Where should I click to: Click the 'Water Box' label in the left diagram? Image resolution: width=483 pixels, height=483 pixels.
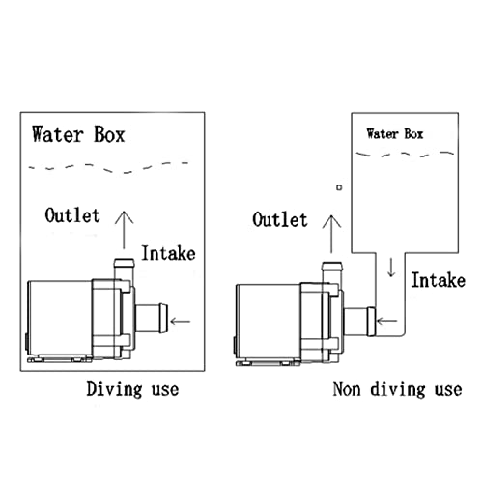[78, 134]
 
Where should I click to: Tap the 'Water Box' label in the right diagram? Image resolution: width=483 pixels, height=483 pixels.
[395, 133]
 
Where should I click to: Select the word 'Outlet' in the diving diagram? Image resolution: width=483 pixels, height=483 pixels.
[72, 215]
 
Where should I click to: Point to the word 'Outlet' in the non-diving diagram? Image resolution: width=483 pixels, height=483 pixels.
[280, 219]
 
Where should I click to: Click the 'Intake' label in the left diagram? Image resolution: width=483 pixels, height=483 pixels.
[168, 253]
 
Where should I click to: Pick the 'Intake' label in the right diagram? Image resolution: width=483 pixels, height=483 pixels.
[439, 280]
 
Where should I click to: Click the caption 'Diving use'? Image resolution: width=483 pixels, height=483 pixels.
[132, 389]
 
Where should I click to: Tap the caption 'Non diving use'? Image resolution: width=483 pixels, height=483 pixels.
[397, 389]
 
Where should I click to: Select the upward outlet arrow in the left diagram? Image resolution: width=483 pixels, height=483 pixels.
[124, 230]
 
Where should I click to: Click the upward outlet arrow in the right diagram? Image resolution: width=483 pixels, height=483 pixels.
[331, 234]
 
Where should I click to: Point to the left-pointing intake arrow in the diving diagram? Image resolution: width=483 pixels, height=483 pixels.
[181, 321]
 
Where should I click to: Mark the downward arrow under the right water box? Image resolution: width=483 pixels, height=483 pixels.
[391, 268]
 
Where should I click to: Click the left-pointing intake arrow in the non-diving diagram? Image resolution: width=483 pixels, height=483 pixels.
[386, 321]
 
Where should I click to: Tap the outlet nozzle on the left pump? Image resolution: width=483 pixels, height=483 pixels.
[124, 269]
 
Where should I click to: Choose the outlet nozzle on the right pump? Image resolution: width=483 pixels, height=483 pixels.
[332, 272]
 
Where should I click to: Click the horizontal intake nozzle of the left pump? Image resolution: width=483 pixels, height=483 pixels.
[152, 318]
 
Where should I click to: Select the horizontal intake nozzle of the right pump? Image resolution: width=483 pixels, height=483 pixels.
[359, 322]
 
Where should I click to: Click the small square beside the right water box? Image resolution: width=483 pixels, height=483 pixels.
[339, 187]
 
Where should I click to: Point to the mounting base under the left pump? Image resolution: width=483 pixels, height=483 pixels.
[60, 359]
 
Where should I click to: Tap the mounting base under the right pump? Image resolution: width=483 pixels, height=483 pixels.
[269, 363]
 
